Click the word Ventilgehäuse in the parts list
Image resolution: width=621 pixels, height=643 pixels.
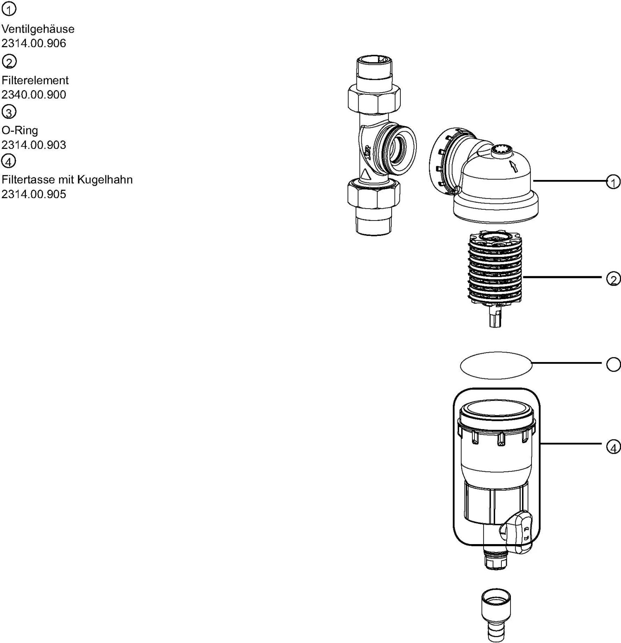(38, 29)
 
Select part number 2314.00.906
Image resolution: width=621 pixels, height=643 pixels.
(34, 43)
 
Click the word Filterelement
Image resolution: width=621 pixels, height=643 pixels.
(35, 80)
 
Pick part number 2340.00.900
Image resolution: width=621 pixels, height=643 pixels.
(34, 94)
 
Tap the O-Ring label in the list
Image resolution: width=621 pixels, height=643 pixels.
(19, 130)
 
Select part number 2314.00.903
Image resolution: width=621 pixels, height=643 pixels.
(34, 145)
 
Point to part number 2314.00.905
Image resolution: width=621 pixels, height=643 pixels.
(34, 194)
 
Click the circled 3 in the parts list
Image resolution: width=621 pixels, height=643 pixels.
(9, 112)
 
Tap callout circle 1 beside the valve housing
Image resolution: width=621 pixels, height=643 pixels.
(613, 182)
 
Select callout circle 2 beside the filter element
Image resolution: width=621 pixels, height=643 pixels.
(613, 279)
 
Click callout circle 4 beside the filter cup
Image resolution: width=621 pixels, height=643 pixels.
(613, 447)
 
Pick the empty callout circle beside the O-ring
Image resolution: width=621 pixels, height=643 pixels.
(613, 364)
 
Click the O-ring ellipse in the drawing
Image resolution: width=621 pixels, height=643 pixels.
(496, 365)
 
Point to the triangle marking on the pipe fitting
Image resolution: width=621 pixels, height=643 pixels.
(366, 174)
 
